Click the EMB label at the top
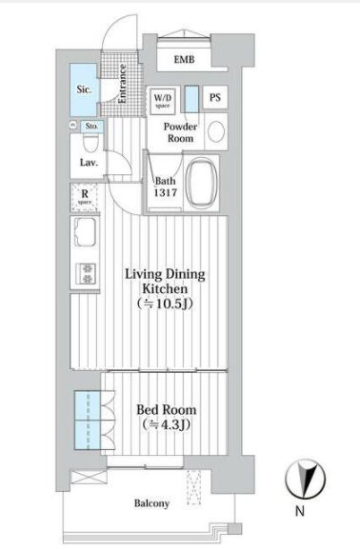click(184, 60)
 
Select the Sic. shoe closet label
click(84, 90)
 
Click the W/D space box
click(161, 100)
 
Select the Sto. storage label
click(91, 125)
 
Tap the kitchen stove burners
click(88, 273)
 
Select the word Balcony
click(151, 503)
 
